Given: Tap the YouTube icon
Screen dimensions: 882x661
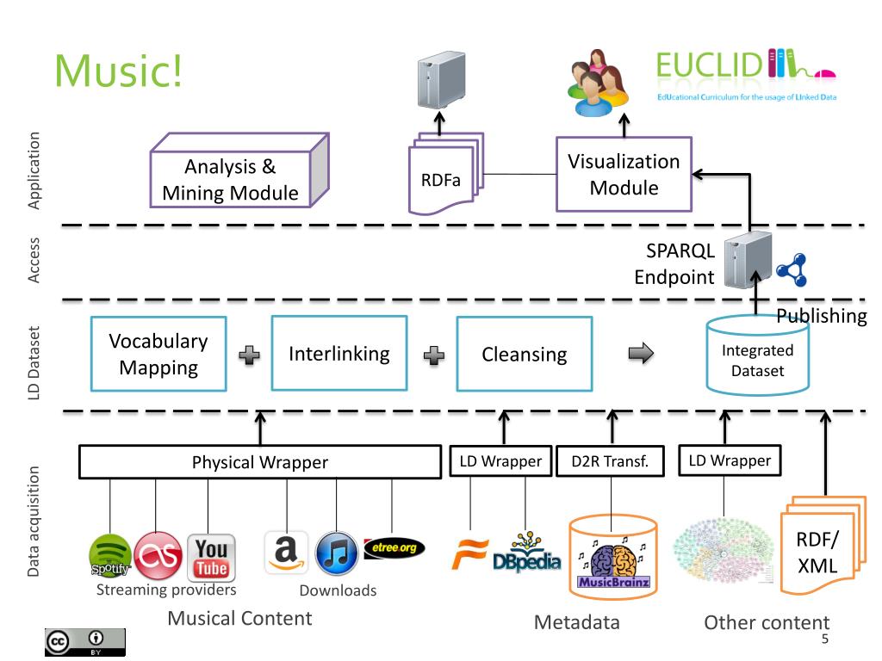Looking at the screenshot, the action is (212, 558).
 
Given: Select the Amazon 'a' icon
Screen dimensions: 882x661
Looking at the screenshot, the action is (286, 552).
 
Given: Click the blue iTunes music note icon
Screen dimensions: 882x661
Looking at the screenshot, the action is (337, 553).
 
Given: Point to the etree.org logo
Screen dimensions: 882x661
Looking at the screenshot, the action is (394, 548).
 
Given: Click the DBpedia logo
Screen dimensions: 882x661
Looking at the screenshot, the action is (527, 552).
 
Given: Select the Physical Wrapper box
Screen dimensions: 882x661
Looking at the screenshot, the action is (260, 462).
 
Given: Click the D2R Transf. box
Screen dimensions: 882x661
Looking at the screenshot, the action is (611, 461).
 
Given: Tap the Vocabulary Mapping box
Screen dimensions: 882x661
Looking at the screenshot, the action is (158, 354).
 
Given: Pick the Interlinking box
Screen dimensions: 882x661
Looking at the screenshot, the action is (339, 354).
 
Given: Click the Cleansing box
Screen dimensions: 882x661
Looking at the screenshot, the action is (525, 354).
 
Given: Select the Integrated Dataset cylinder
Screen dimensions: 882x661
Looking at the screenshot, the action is (758, 355).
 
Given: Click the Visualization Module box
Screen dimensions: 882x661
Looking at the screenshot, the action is (624, 174).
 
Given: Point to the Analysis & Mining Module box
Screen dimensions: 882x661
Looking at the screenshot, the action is (239, 170).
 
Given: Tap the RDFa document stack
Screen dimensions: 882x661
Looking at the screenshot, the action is (445, 174).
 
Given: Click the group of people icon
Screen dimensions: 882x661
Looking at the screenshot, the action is (598, 83).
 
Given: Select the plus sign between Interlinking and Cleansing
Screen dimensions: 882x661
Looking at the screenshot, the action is (434, 355).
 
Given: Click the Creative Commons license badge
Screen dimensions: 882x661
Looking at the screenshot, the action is (85, 642).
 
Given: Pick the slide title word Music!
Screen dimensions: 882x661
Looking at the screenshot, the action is (119, 71).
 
